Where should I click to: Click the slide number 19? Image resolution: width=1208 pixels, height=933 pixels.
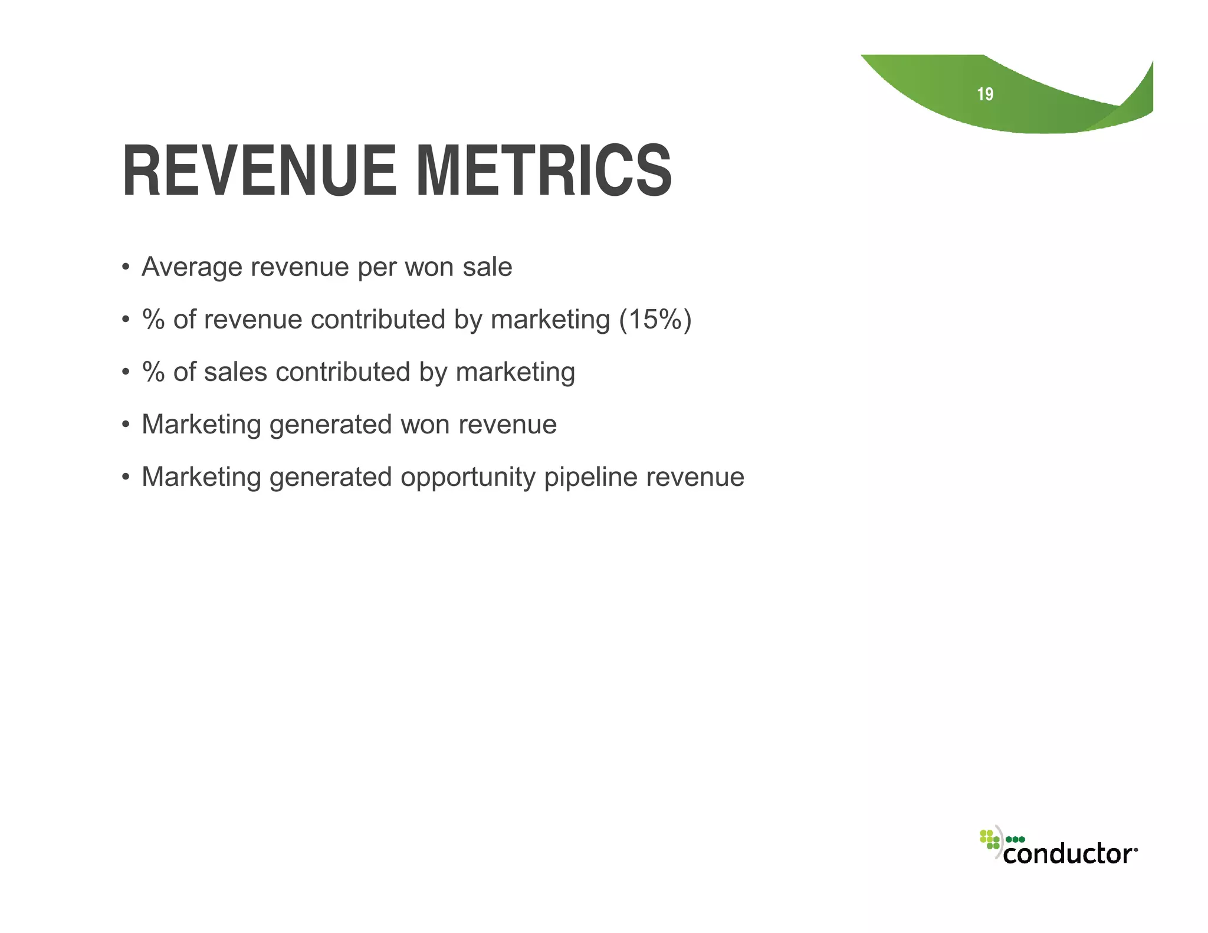pyautogui.click(x=984, y=94)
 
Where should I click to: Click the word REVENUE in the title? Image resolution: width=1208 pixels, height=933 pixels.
pyautogui.click(x=259, y=172)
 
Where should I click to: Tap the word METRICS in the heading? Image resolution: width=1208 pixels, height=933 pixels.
pyautogui.click(x=543, y=172)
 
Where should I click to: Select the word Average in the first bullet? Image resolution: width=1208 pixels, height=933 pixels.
pyautogui.click(x=192, y=267)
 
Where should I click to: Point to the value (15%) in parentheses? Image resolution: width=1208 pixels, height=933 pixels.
pyautogui.click(x=655, y=320)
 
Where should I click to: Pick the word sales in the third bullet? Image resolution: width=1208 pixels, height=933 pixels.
pyautogui.click(x=235, y=372)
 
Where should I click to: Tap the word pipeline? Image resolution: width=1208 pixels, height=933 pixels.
pyautogui.click(x=590, y=477)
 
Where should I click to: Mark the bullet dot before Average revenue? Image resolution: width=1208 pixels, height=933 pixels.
pyautogui.click(x=125, y=267)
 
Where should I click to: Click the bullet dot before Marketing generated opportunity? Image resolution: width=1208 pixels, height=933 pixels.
pyautogui.click(x=125, y=477)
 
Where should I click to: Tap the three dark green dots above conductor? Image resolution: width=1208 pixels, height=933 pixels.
pyautogui.click(x=1015, y=839)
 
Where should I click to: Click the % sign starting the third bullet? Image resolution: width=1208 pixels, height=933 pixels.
pyautogui.click(x=153, y=372)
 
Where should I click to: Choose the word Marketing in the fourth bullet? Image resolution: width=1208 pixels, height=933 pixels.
pyautogui.click(x=201, y=425)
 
